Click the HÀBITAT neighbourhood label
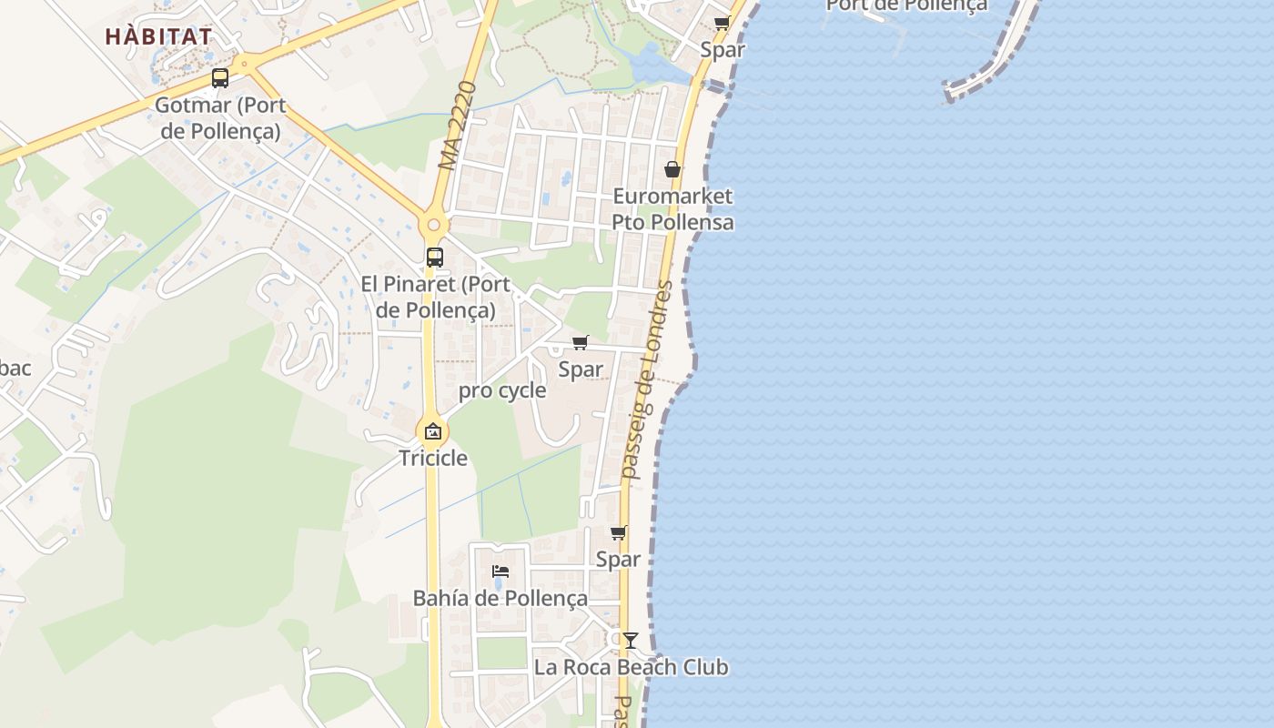tap(158, 37)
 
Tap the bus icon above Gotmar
tap(220, 78)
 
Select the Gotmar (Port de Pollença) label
tap(220, 117)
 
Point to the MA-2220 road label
tap(457, 126)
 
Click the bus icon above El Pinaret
tap(435, 258)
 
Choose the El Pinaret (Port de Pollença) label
tap(435, 297)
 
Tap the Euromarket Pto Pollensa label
tap(672, 209)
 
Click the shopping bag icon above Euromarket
tap(672, 169)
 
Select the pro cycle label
tap(502, 391)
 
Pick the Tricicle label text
tap(433, 458)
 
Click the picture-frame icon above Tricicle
tap(433, 431)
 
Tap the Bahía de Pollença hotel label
tap(500, 598)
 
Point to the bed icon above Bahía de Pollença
tap(500, 571)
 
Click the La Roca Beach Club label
tap(631, 667)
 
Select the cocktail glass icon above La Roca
tap(630, 641)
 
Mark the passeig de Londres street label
tap(647, 380)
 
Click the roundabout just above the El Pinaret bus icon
tap(434, 224)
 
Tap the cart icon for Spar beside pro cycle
tap(580, 343)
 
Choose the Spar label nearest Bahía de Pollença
tap(618, 559)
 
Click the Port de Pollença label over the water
tap(906, 5)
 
